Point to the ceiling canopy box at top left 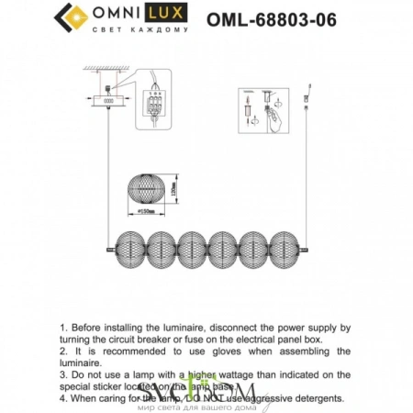click(107, 102)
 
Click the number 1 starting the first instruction click(61, 327)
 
